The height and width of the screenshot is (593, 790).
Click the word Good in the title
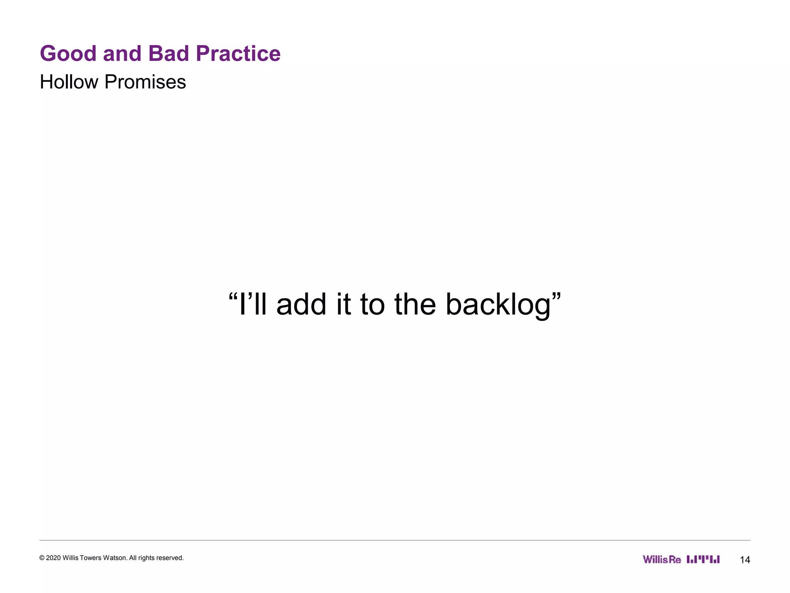pyautogui.click(x=68, y=53)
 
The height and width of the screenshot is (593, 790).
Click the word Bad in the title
pyautogui.click(x=168, y=53)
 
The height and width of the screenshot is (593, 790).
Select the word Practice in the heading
pyautogui.click(x=238, y=53)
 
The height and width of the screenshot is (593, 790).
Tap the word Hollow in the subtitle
pyautogui.click(x=69, y=82)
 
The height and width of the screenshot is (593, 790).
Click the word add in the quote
pyautogui.click(x=301, y=304)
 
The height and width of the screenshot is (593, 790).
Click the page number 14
pyautogui.click(x=745, y=560)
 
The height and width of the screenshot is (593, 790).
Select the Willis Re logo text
pyautogui.click(x=662, y=559)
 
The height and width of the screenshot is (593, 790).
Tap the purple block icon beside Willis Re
pyautogui.click(x=703, y=559)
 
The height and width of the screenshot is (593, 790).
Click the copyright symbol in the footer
pyautogui.click(x=42, y=558)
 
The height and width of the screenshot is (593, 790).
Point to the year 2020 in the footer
pyautogui.click(x=53, y=558)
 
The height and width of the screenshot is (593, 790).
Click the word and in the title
pyautogui.click(x=122, y=53)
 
